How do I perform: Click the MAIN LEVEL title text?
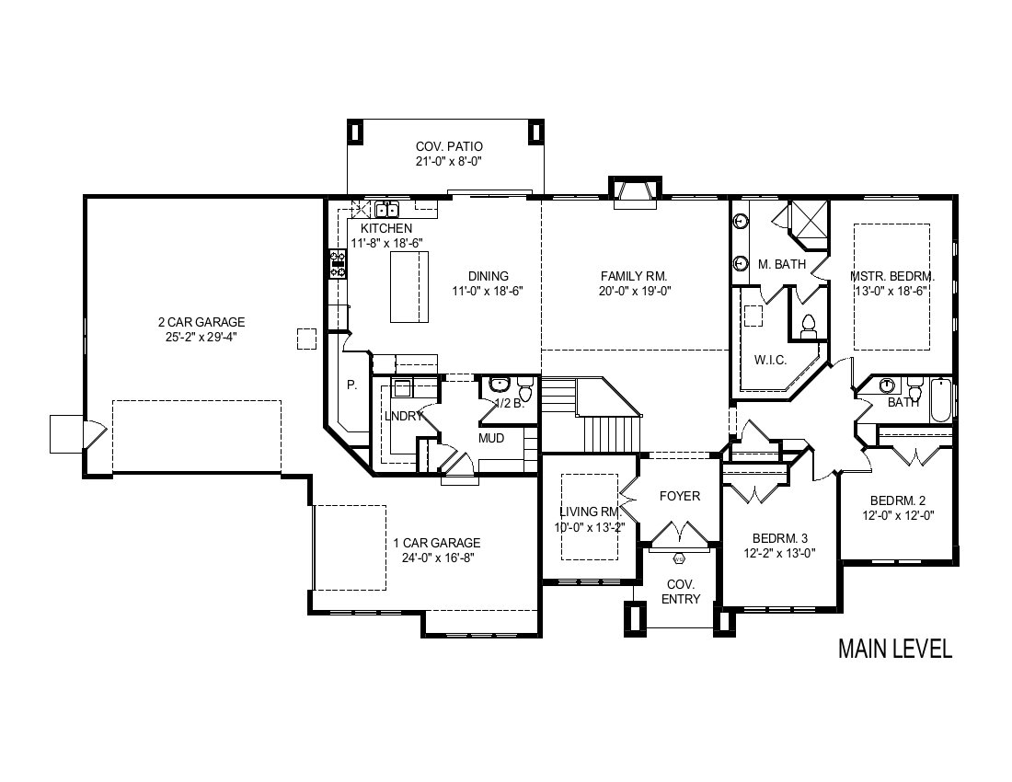[894, 649]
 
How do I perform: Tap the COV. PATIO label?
[449, 147]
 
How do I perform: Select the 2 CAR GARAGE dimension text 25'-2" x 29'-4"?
[201, 336]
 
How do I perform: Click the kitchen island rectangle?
[409, 286]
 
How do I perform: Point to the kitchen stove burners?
[339, 264]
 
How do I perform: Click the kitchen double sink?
[387, 210]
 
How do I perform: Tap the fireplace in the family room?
[636, 193]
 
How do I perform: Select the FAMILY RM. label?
[635, 276]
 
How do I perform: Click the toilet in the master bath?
[808, 327]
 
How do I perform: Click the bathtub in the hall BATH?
[942, 400]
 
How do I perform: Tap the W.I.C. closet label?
[771, 360]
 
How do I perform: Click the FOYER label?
[680, 496]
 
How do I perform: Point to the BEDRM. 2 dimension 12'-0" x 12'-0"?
[899, 515]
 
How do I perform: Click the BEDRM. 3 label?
[779, 538]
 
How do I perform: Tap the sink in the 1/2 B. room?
[499, 385]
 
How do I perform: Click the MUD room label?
[491, 439]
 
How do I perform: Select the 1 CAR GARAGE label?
[438, 544]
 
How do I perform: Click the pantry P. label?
[351, 385]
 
